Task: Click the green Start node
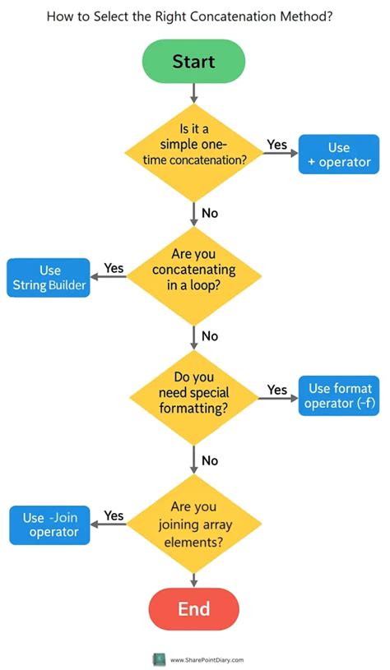(193, 62)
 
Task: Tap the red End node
(193, 609)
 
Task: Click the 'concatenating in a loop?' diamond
(193, 276)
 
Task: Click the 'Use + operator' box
(339, 155)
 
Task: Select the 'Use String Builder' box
(49, 278)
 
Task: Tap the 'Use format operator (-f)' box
(339, 395)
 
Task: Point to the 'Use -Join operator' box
(49, 524)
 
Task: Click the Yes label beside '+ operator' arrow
(277, 145)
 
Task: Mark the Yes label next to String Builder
(114, 268)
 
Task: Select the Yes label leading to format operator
(277, 390)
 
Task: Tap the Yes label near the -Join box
(114, 515)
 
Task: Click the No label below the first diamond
(210, 213)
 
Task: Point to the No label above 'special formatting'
(210, 336)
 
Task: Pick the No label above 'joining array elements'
(210, 460)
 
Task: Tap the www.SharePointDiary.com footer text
(207, 659)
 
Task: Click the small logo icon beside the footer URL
(159, 659)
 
